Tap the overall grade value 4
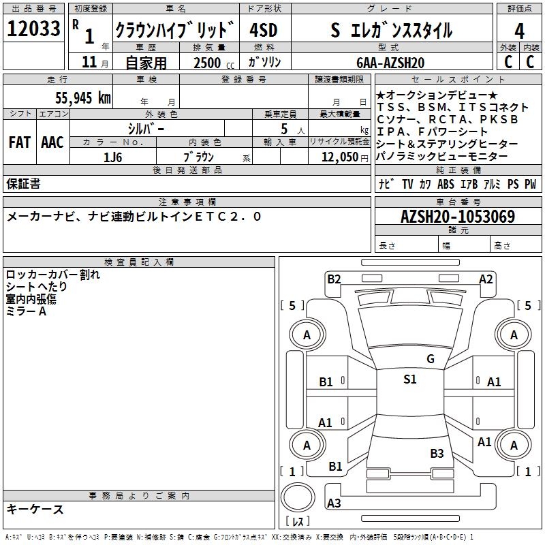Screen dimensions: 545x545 tap(519, 31)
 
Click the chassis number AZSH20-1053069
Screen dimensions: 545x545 tap(457, 217)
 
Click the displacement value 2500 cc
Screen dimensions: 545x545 tap(210, 63)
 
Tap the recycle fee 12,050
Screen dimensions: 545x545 tap(336, 157)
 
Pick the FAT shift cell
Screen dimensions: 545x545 tap(19, 142)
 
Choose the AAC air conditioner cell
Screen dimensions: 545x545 tap(52, 142)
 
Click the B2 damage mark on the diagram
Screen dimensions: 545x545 tap(334, 279)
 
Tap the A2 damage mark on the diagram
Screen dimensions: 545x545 tap(486, 279)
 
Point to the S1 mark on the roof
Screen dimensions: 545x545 tap(409, 379)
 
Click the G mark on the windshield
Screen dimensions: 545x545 tap(430, 359)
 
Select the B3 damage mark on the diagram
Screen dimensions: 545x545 tap(437, 453)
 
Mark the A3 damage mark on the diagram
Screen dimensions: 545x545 tap(334, 503)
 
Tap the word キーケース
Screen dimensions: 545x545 tap(35, 509)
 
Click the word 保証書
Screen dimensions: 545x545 tap(23, 184)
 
